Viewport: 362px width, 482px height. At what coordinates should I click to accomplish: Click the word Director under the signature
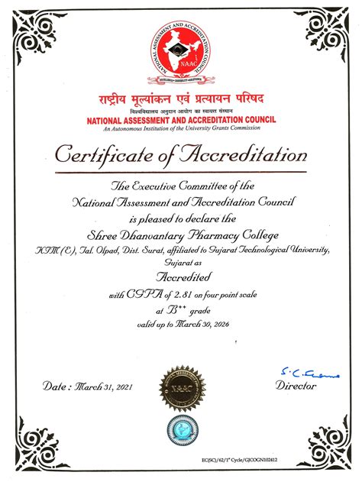(296, 387)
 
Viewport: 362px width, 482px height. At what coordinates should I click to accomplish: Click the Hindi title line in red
(180, 101)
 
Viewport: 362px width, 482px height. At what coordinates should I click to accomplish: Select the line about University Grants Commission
(180, 128)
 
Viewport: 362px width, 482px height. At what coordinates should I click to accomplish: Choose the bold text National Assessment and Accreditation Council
(180, 120)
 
